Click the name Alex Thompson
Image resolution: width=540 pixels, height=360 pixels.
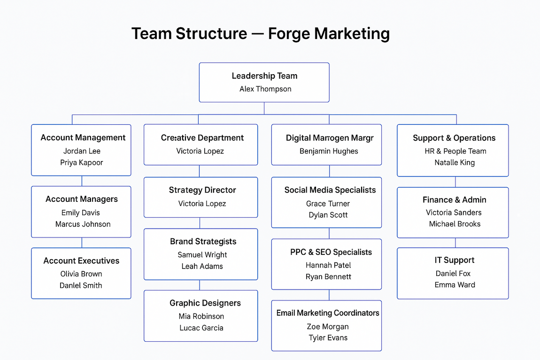pos(265,89)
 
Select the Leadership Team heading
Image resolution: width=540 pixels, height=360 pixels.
pos(264,76)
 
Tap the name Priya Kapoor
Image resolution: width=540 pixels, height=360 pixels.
pos(81,163)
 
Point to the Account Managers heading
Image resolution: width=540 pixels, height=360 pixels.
pos(82,199)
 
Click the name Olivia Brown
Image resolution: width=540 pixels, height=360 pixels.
pos(81,274)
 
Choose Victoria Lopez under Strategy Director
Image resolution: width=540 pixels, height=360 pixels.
pos(202,204)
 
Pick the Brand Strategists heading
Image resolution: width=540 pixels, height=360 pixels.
pos(203,242)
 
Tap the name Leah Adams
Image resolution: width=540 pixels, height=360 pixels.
pos(202,267)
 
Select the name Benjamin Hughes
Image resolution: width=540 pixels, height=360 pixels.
pos(329,151)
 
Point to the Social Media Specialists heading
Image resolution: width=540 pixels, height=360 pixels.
pos(330,190)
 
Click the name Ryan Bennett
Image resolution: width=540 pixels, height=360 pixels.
pos(328,277)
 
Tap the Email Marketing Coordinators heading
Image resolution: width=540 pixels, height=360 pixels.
pos(328,313)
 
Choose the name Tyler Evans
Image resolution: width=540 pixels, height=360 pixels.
pos(328,338)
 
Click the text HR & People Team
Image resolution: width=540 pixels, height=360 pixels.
pos(455,151)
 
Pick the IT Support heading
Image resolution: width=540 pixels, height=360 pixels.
pos(454,260)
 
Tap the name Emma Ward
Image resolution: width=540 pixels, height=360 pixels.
pos(455,285)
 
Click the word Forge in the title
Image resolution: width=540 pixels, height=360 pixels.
pos(288,34)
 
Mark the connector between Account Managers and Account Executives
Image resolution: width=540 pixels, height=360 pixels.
pos(82,243)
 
